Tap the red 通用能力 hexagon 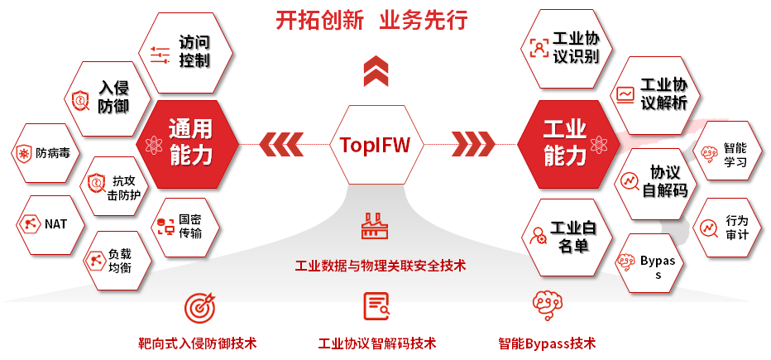pos(190,142)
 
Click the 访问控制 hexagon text pos(194,50)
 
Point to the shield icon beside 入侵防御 pos(79,98)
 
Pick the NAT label pos(56,223)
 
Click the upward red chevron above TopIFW pos(376,71)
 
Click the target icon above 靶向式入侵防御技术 pos(198,307)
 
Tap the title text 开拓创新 pos(319,20)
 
